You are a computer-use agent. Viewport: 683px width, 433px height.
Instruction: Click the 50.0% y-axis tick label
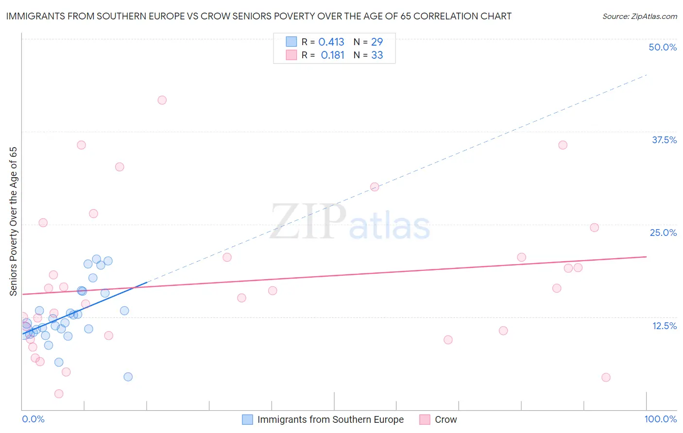pos(663,47)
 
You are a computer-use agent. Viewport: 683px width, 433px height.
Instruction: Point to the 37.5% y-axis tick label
pos(664,140)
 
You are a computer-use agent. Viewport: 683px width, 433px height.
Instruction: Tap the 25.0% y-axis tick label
pos(663,233)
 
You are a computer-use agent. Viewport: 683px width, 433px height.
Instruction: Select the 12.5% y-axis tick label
pos(664,326)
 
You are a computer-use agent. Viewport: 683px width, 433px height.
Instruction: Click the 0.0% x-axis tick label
pos(33,419)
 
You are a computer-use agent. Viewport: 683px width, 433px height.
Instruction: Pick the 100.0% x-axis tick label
pos(660,419)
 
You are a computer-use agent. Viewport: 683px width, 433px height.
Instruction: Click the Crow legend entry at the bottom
pos(445,419)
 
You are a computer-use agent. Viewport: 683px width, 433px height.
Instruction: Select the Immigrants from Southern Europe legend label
pos(330,419)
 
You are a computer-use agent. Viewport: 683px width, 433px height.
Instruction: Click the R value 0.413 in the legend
pos(331,42)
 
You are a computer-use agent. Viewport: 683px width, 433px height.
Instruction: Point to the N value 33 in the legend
pos(377,55)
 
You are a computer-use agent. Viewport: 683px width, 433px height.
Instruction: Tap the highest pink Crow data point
pos(162,100)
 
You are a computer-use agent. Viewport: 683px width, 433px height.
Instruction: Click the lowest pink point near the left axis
pos(59,394)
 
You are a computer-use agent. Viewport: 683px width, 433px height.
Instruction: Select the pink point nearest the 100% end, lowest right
pos(606,377)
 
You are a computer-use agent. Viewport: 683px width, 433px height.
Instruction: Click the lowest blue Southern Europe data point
pos(128,377)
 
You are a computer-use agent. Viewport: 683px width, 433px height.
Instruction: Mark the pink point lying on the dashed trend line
pos(375,187)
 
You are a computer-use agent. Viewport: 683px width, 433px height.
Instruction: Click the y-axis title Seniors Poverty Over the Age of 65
pos(14,221)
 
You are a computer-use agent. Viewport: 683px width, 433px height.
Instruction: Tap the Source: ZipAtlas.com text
pos(639,17)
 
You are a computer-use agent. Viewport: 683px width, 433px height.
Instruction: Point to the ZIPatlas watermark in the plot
pos(350,222)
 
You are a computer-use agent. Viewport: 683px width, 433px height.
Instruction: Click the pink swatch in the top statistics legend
pos(291,55)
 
